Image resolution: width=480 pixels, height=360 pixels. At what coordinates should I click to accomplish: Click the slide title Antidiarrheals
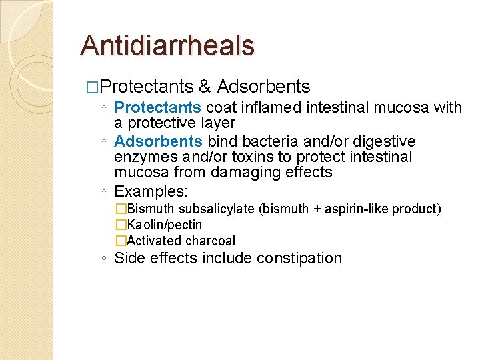click(167, 45)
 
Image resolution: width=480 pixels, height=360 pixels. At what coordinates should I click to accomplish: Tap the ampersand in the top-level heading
click(205, 87)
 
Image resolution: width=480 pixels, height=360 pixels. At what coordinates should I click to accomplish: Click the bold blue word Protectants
click(158, 107)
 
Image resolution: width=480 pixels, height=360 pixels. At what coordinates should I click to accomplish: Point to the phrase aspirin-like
click(356, 209)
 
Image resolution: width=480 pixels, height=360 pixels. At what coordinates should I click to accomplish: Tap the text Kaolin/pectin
click(164, 225)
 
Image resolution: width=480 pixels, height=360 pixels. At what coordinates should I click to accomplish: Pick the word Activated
click(154, 241)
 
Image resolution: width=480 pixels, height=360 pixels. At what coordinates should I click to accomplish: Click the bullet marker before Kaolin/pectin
click(121, 225)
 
